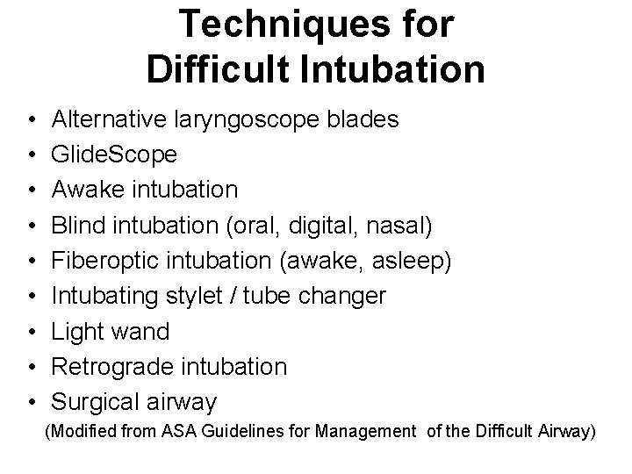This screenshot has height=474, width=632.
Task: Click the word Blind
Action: coord(75,225)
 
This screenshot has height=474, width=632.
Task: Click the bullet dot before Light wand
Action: coord(32,332)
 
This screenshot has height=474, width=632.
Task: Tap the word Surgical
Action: coord(97,402)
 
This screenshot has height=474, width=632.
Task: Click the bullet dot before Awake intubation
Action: coord(32,190)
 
